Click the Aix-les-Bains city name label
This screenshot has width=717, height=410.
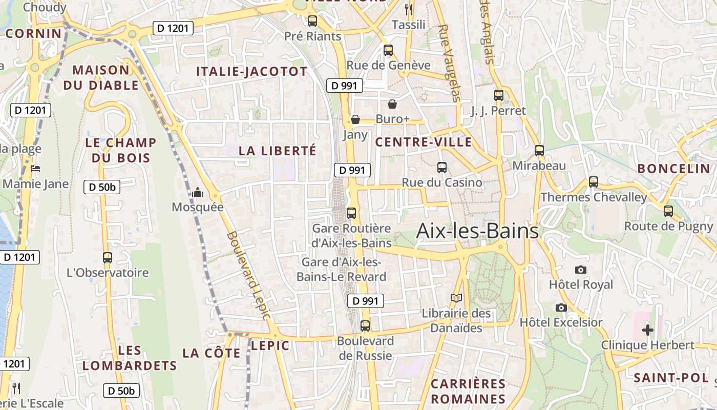pos(477,231)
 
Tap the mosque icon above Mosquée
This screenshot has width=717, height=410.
pos(198,193)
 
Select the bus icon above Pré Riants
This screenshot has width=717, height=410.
pos(312,21)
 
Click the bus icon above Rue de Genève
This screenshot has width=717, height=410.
pos(388,50)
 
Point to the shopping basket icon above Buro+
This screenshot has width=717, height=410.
pos(392,104)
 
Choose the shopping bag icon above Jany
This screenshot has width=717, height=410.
pos(355,120)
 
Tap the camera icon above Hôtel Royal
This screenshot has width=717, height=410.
pos(580,270)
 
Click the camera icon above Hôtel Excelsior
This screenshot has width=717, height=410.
pos(561,307)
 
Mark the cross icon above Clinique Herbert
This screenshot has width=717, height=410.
pos(648,330)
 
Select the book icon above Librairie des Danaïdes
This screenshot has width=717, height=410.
pos(456,298)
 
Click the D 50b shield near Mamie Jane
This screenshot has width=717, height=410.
pos(102,187)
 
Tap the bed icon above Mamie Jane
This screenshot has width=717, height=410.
pos(35,169)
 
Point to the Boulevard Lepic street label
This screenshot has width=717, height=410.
pos(248,275)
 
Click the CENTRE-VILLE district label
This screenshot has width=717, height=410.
pos(424,142)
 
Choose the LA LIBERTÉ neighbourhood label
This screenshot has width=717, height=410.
pos(278,151)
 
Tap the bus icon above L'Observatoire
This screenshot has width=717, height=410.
pos(108,257)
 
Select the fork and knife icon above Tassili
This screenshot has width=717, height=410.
pos(408,9)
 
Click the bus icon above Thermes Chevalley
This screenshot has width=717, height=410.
pos(594,182)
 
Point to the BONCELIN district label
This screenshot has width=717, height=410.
pos(673,169)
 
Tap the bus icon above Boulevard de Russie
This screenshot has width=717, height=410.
pos(365,325)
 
